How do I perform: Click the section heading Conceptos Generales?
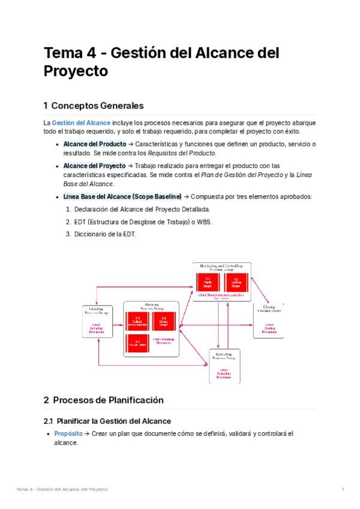click(x=98, y=106)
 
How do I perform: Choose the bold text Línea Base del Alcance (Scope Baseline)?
click(x=122, y=196)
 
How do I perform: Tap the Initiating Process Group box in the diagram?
click(x=98, y=321)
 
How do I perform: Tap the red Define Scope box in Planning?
click(x=163, y=321)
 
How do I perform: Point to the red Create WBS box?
click(x=137, y=343)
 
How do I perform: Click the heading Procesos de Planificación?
click(x=108, y=400)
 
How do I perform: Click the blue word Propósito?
click(x=68, y=433)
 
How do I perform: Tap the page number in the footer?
click(x=342, y=490)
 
